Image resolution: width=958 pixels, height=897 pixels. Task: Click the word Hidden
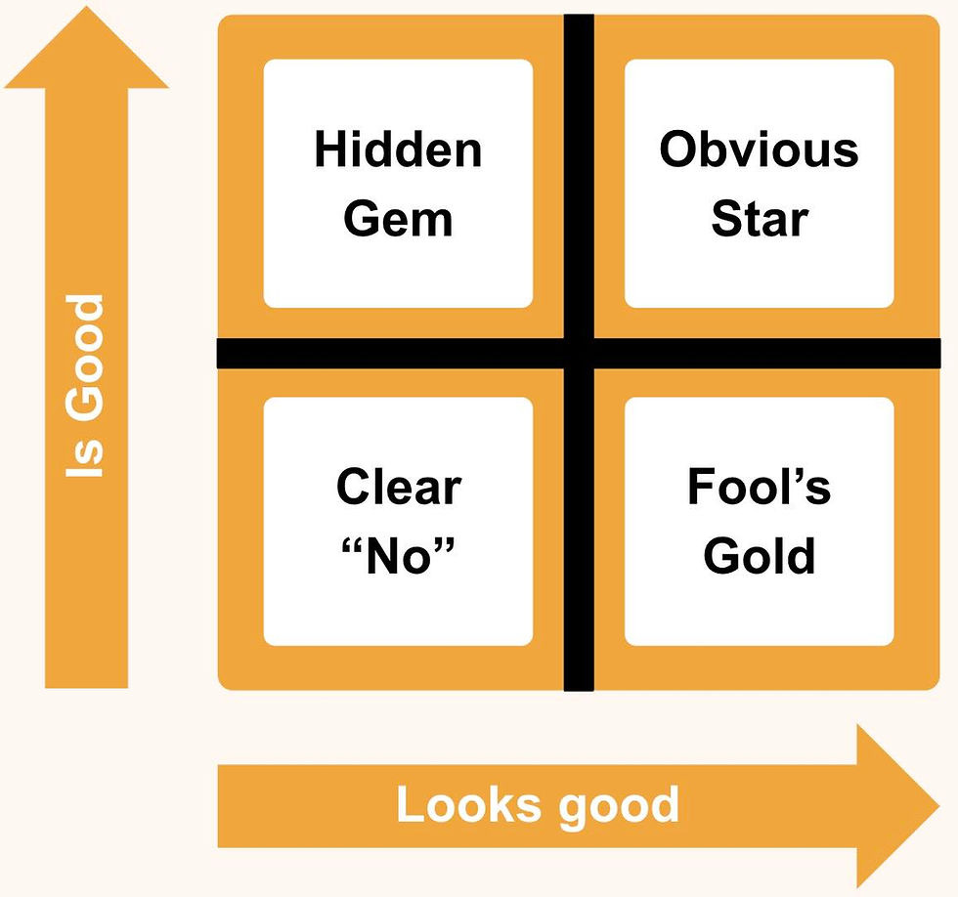pyautogui.click(x=398, y=150)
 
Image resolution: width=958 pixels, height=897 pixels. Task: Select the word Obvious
pyautogui.click(x=759, y=150)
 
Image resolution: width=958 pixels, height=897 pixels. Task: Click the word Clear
pyautogui.click(x=398, y=487)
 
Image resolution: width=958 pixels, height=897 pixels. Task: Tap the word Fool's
pyautogui.click(x=759, y=487)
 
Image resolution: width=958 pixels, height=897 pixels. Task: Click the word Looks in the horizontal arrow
pyautogui.click(x=468, y=806)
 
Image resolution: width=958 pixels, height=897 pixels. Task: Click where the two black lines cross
pyautogui.click(x=579, y=353)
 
